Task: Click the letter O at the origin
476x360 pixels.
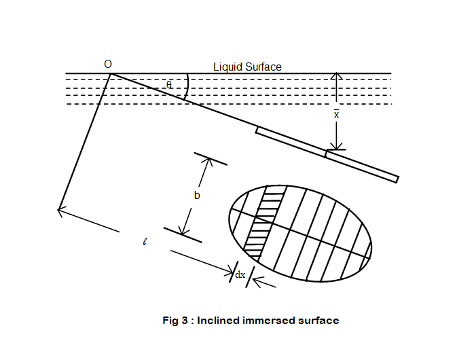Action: [108, 64]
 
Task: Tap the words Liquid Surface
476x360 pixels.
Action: [247, 67]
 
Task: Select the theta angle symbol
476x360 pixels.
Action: [170, 85]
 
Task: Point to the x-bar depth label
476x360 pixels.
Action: [336, 114]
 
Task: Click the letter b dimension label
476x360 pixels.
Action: [196, 196]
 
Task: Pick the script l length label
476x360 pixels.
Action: [145, 241]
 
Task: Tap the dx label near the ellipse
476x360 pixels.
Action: [240, 274]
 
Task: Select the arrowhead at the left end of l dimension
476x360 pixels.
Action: [61, 211]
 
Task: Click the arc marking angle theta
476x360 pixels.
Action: [187, 87]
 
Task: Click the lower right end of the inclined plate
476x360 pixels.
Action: [395, 179]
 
